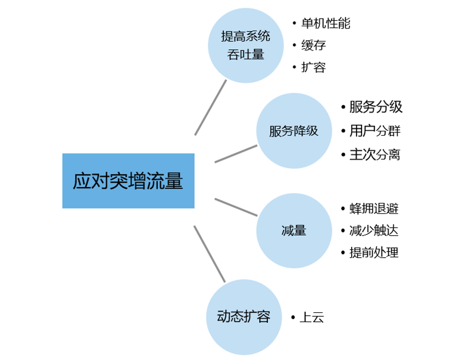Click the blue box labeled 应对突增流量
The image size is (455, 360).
128,181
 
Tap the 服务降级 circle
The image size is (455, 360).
293,132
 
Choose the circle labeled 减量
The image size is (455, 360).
293,231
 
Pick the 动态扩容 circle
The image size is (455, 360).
244,317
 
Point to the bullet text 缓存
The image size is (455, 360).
313,45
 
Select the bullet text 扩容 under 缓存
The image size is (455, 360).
313,68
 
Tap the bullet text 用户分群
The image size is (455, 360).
375,131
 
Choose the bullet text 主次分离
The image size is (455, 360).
375,155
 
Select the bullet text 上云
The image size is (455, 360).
312,317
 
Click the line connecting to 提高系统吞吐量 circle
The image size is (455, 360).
211,108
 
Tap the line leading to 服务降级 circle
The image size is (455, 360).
236,153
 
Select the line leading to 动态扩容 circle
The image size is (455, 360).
209,253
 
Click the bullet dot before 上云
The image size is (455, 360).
293,317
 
